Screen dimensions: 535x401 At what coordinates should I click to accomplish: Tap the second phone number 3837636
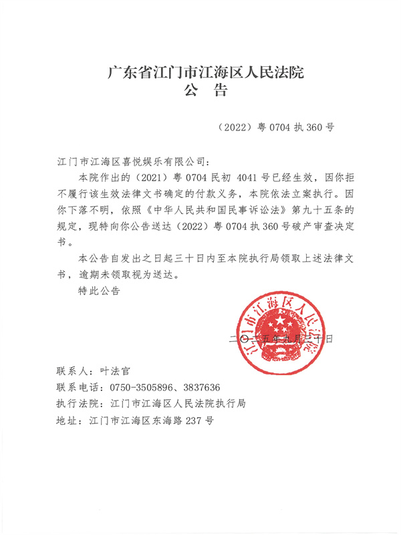point(200,387)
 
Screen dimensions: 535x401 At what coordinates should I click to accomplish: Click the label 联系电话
point(78,387)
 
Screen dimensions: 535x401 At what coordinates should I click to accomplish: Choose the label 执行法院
point(78,405)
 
